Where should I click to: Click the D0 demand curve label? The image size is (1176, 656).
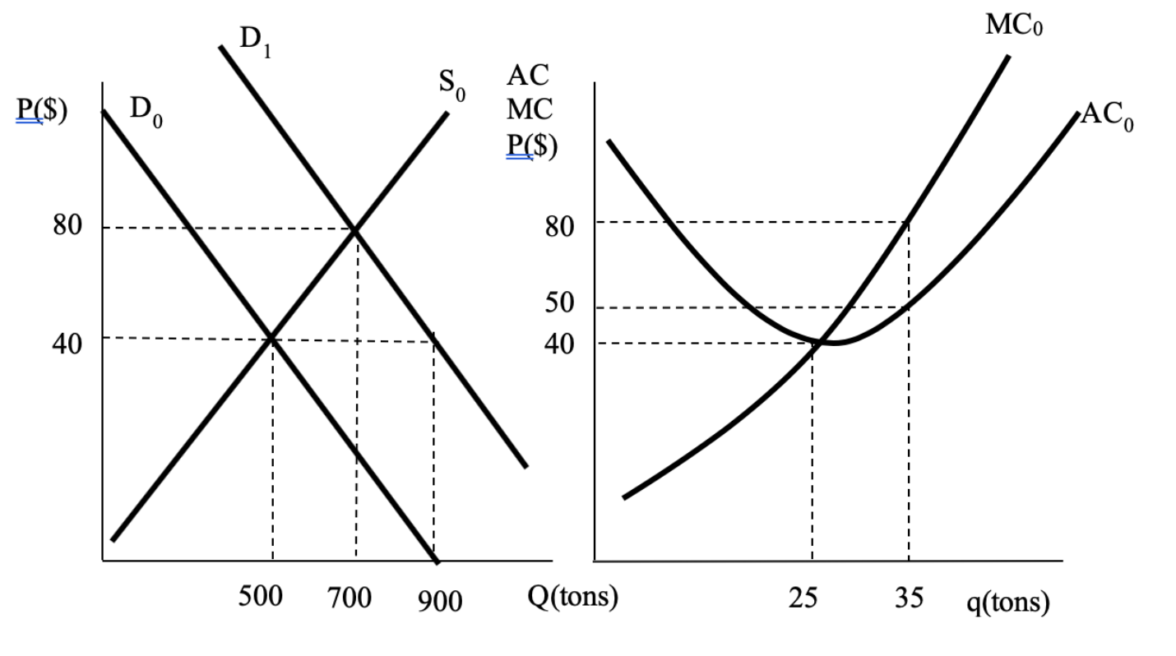click(x=146, y=113)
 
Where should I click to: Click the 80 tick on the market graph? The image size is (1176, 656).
click(x=67, y=226)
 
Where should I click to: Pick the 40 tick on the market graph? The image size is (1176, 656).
click(x=67, y=343)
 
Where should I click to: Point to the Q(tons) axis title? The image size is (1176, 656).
click(x=572, y=595)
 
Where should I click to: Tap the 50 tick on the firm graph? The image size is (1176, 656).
click(x=559, y=303)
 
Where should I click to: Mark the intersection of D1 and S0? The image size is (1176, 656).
click(x=354, y=229)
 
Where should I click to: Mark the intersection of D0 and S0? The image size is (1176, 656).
click(x=271, y=337)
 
